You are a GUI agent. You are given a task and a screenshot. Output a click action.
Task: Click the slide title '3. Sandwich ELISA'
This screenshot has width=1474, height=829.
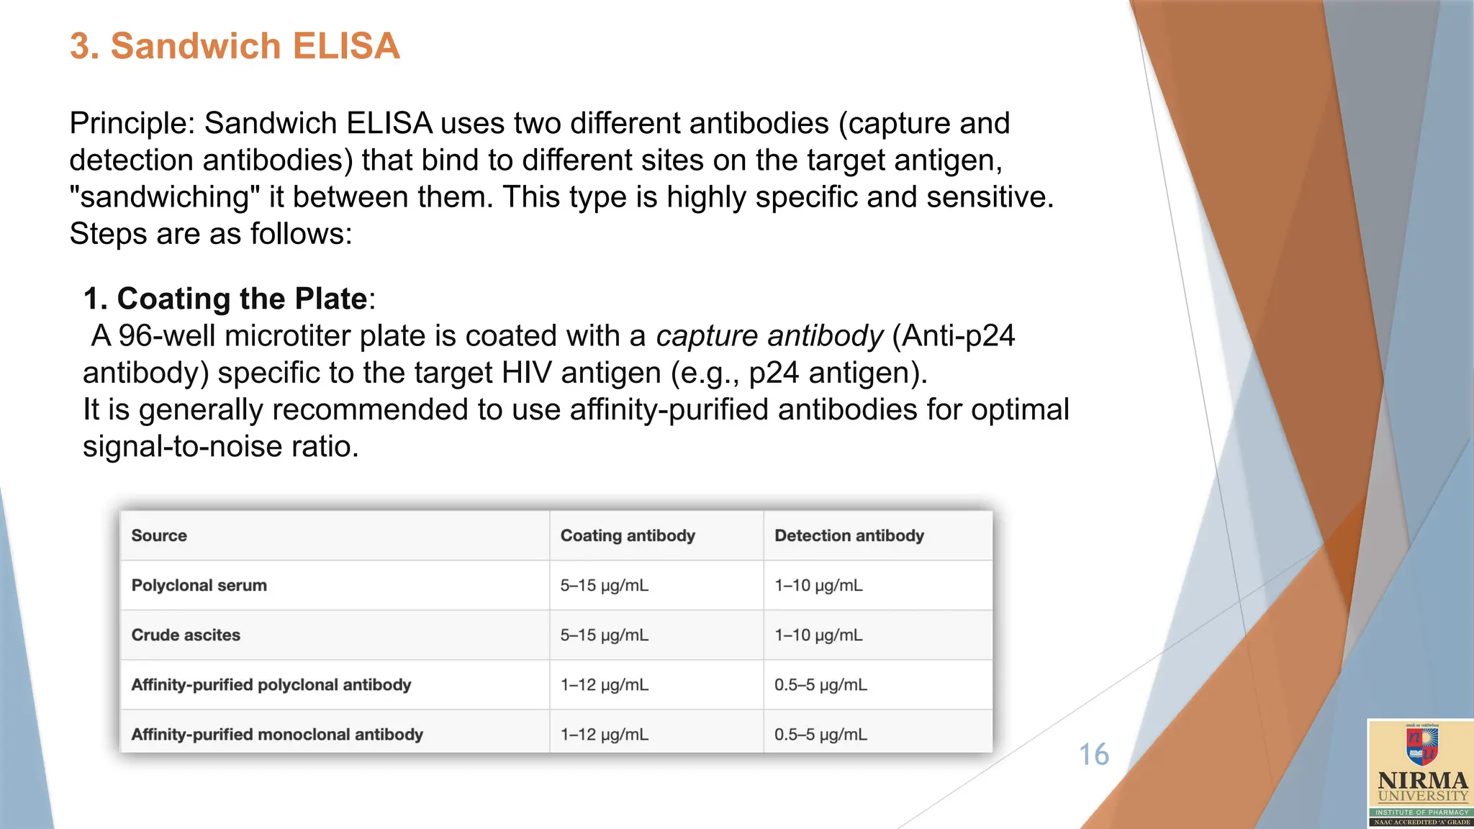[235, 46]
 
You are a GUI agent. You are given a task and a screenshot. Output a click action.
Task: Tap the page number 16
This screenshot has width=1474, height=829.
[1093, 755]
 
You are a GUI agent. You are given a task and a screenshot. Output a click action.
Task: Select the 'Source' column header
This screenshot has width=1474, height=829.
[159, 535]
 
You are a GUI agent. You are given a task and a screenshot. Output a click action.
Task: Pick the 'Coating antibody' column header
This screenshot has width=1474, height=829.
[628, 535]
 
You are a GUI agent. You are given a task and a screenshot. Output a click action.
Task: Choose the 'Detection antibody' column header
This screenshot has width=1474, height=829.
[849, 535]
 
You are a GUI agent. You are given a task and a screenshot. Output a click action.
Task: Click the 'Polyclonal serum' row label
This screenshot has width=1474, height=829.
[199, 585]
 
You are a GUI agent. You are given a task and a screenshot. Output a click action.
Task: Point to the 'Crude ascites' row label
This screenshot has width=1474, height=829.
[186, 635]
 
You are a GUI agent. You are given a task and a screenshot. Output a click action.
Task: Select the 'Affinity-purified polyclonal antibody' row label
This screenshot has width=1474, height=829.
[271, 684]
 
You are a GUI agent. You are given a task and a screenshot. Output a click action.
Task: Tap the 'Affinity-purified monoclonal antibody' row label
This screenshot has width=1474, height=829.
[277, 734]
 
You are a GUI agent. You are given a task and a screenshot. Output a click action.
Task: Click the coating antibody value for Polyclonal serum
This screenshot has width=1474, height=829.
[604, 585]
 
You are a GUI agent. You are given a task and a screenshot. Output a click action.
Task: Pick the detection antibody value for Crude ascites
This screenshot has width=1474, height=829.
[818, 635]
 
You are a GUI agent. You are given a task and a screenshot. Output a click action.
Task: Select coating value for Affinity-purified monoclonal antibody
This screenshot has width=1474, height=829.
[604, 734]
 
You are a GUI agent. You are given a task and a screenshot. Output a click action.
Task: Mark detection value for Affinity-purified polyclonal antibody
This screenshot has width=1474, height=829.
[820, 684]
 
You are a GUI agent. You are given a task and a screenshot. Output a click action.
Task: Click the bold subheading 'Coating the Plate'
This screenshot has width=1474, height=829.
[242, 299]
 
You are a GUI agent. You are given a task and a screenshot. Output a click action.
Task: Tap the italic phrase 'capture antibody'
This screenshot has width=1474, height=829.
[769, 336]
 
